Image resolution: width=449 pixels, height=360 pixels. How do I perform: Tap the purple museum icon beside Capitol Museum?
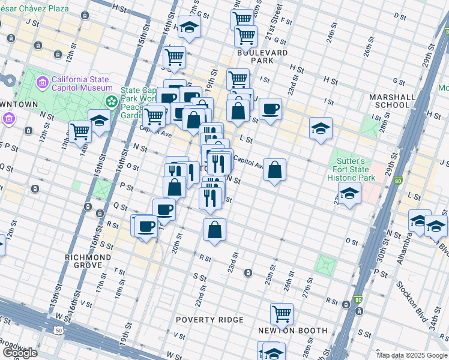[42, 82]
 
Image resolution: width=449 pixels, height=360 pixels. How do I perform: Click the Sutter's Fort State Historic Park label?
[355, 170]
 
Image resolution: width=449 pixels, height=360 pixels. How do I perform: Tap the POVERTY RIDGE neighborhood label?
[209, 320]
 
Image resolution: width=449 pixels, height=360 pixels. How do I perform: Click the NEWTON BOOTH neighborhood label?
[292, 331]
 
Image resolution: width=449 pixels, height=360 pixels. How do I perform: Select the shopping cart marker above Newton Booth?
[282, 313]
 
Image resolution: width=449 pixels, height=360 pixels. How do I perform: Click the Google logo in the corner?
[19, 353]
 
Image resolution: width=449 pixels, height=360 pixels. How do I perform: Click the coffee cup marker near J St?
[270, 109]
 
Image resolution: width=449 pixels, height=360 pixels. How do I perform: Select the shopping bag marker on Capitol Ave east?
[274, 169]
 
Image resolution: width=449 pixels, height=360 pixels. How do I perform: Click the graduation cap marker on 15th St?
[100, 121]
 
